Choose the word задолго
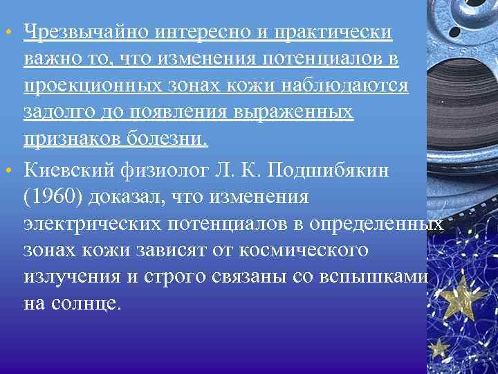click(x=55, y=113)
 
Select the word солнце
click(x=92, y=303)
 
